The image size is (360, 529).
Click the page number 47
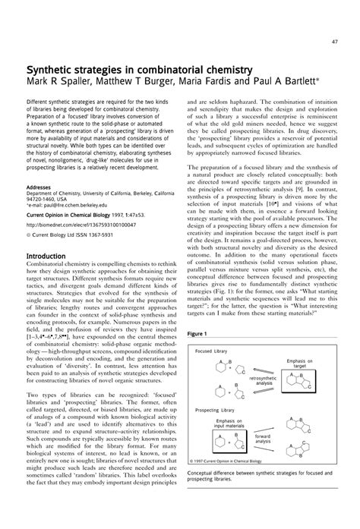tap(335, 39)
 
